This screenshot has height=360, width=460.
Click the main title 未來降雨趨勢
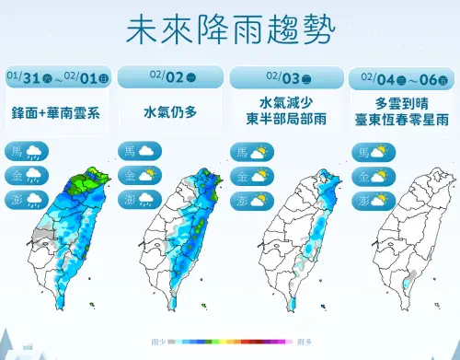click(230, 28)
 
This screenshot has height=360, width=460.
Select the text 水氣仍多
click(169, 111)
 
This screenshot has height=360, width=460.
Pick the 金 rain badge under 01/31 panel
click(27, 175)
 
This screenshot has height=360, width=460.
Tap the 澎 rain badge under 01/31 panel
click(27, 199)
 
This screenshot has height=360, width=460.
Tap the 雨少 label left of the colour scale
click(157, 342)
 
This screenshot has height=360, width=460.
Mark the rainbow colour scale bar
click(230, 342)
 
